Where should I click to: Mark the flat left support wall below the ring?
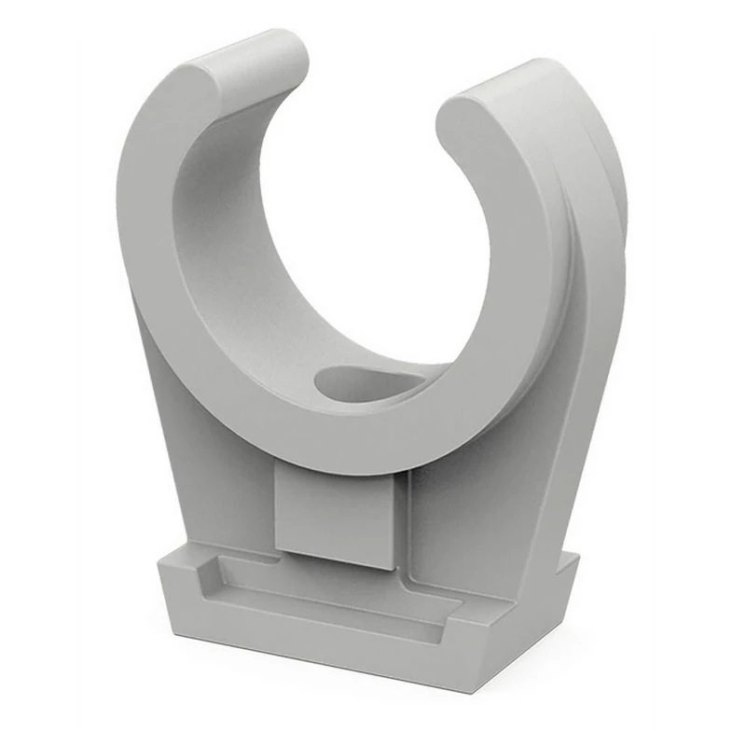(x=205, y=448)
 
